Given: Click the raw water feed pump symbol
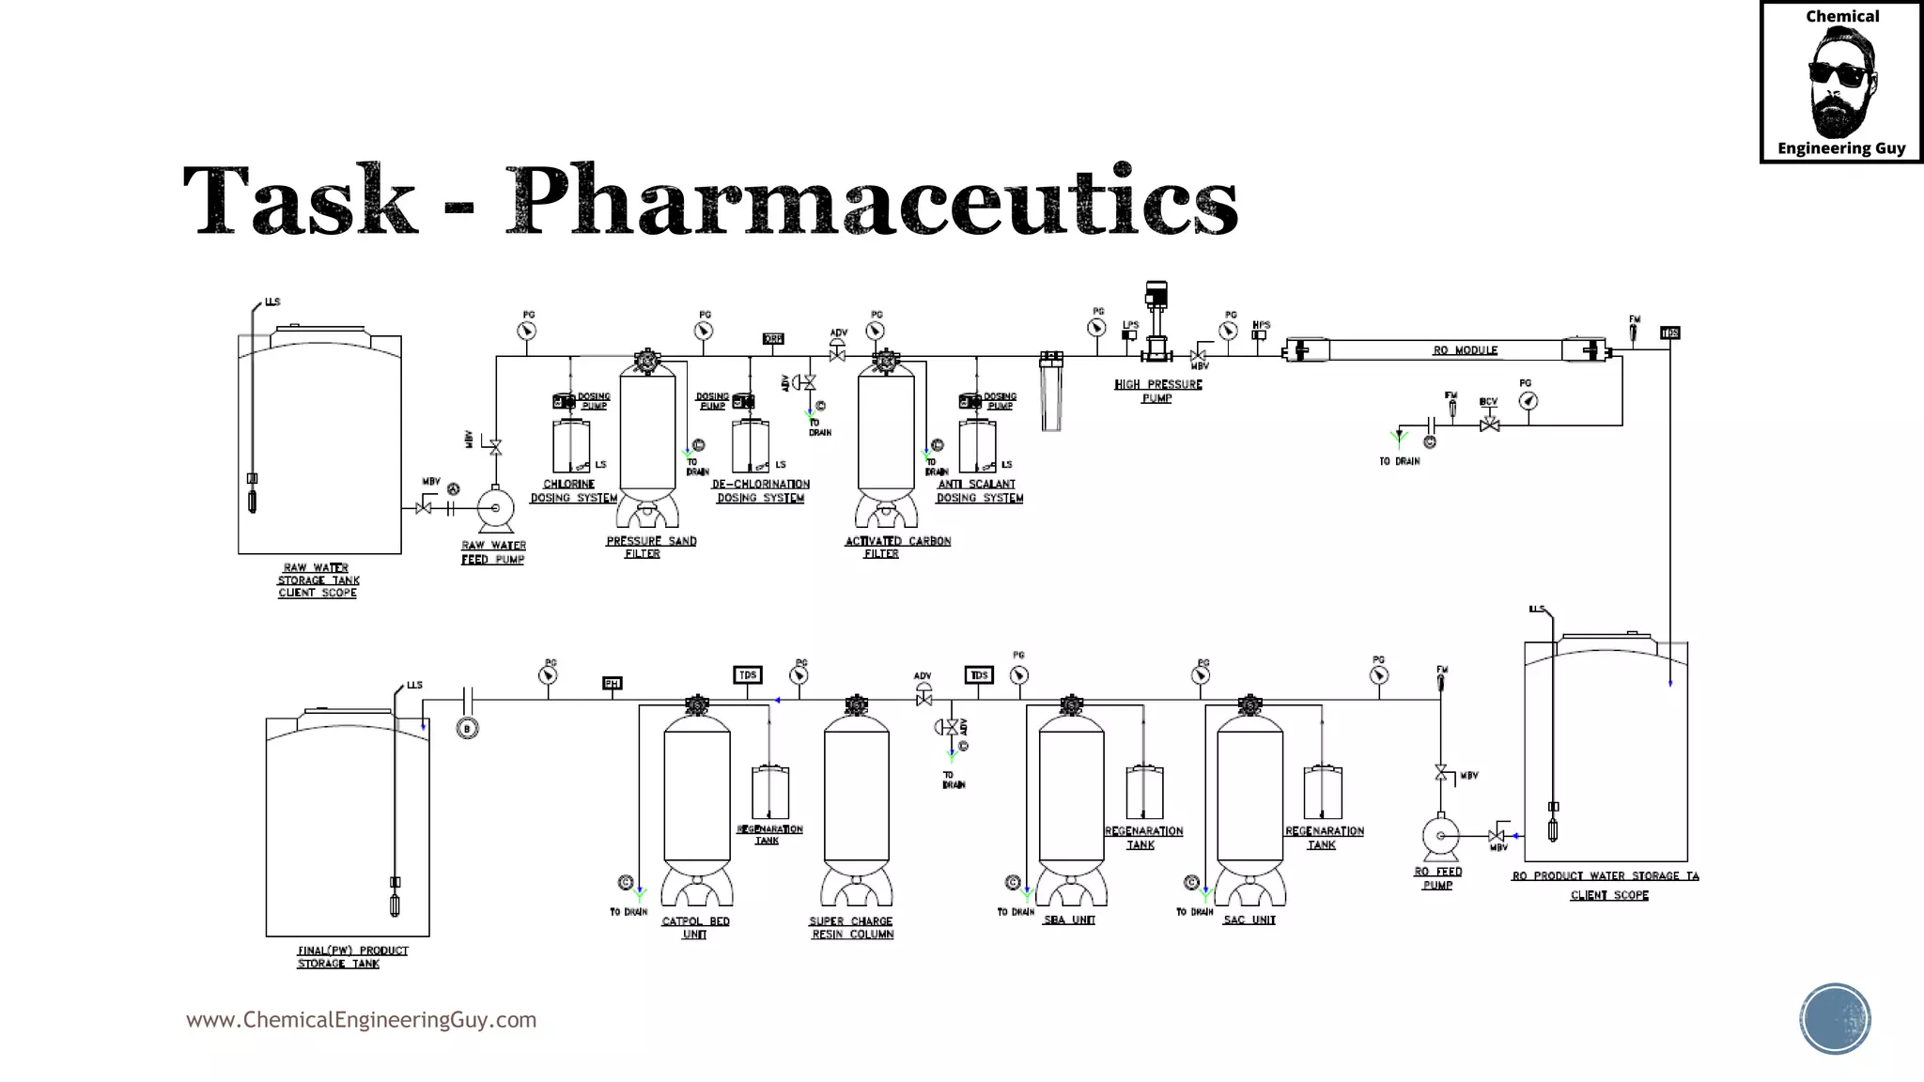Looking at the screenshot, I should point(495,509).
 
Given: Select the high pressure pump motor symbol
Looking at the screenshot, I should point(1156,296).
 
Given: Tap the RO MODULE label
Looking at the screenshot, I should point(1465,350).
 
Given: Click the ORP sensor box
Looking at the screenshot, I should point(773,339).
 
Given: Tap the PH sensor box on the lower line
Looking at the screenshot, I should point(613,684).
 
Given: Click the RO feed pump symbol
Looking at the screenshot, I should point(1440,835).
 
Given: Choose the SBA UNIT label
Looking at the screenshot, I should point(1069,920).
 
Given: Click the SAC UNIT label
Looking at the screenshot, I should point(1249,920).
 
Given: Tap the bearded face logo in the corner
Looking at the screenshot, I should point(1841,83).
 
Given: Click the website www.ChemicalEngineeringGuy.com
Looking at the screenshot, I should point(361,1020).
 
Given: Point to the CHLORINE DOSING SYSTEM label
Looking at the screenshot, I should point(573,491).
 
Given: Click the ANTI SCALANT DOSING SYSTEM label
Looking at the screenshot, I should point(979,491).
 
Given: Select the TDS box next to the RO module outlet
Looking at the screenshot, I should point(1669,333).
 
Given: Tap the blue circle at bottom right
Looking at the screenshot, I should point(1835,1019).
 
